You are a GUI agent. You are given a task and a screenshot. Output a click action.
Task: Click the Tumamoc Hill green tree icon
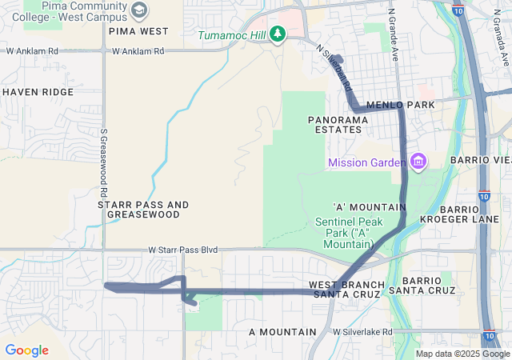[x=278, y=34]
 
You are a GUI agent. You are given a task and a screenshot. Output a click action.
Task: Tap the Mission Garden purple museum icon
[x=418, y=162]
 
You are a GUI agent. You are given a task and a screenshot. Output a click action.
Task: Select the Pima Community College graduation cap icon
[x=140, y=10]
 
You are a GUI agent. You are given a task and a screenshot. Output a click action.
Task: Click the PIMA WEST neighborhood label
[x=138, y=31]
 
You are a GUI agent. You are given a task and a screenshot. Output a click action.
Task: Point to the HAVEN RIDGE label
[x=38, y=92]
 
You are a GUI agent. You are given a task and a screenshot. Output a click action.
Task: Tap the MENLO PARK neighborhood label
[x=400, y=105]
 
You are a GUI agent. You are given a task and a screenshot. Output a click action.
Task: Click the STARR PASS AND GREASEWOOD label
[x=143, y=210]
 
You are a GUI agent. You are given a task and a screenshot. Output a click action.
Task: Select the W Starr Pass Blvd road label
[x=183, y=250]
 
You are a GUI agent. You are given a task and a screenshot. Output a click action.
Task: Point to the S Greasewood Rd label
[x=104, y=164]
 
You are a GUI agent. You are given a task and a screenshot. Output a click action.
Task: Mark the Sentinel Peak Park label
[x=350, y=227]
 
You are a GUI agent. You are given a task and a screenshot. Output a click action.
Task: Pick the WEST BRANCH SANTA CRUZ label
[x=347, y=290]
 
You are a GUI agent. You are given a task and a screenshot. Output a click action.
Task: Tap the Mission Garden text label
[x=367, y=163]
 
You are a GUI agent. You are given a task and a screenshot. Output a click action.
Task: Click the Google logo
[x=26, y=350]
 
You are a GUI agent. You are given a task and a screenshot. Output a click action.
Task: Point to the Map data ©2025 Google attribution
[x=462, y=354]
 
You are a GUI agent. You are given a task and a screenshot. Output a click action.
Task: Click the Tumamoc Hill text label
[x=231, y=35]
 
